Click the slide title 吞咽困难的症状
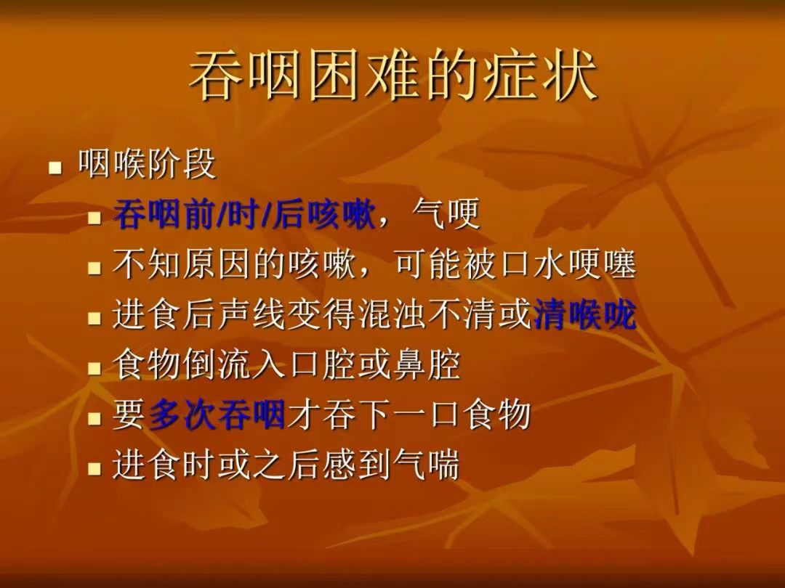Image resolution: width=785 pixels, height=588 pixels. tap(393, 75)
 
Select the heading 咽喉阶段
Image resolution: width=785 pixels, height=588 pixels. tap(147, 163)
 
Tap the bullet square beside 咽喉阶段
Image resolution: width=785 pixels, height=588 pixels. tap(55, 167)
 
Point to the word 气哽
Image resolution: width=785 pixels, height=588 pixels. tap(446, 214)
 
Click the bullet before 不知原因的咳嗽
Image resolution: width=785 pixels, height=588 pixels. tap(94, 269)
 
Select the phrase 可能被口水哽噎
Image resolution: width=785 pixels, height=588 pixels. tap(516, 264)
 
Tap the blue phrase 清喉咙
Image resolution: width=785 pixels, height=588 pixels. tap(585, 314)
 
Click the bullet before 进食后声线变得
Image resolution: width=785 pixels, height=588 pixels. tap(94, 319)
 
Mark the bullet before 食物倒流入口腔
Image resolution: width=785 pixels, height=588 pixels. tap(94, 369)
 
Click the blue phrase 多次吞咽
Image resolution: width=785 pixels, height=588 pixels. tap(217, 415)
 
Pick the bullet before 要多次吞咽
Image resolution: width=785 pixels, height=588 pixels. tap(94, 419)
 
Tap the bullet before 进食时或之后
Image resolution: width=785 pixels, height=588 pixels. tap(94, 468)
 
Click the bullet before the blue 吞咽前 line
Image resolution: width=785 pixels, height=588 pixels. tap(94, 219)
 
